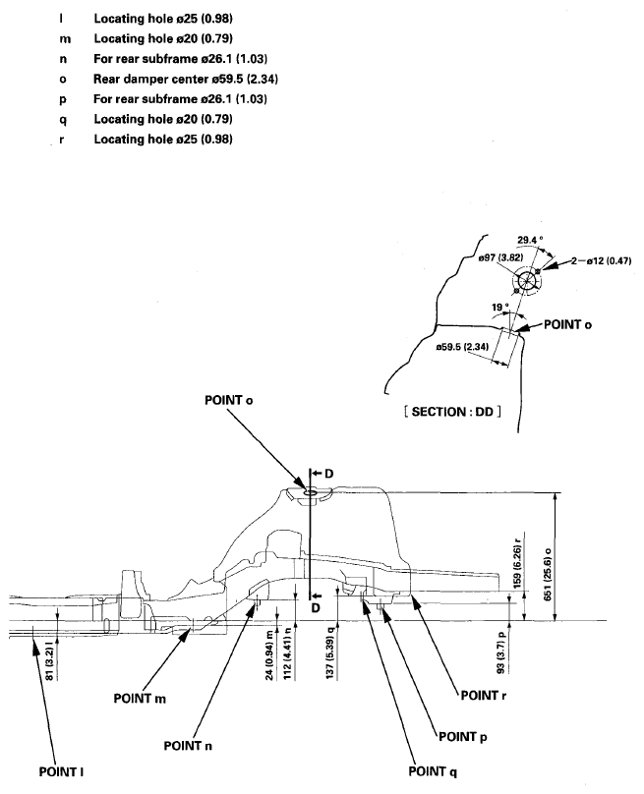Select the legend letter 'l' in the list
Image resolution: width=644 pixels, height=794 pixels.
62,19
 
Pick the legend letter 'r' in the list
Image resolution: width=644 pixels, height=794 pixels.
62,140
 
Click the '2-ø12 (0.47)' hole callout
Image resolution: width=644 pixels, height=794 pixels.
600,261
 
